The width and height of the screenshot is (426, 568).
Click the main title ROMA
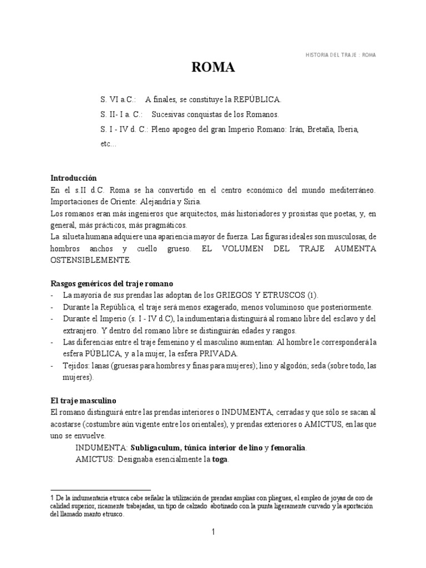tap(213, 68)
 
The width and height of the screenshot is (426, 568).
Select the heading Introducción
tap(73, 178)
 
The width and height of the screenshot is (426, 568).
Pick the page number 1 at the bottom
tap(213, 532)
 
